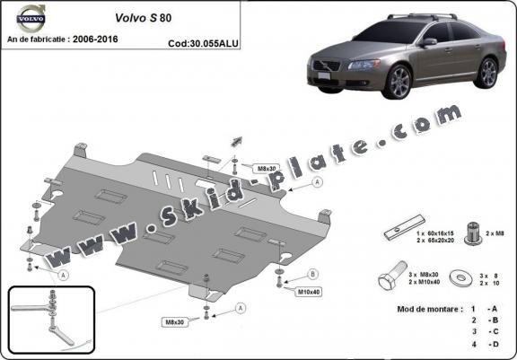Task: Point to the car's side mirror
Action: click(429, 42)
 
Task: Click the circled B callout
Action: click(312, 273)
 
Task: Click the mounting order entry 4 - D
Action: click(480, 345)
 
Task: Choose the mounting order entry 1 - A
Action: click(480, 309)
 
